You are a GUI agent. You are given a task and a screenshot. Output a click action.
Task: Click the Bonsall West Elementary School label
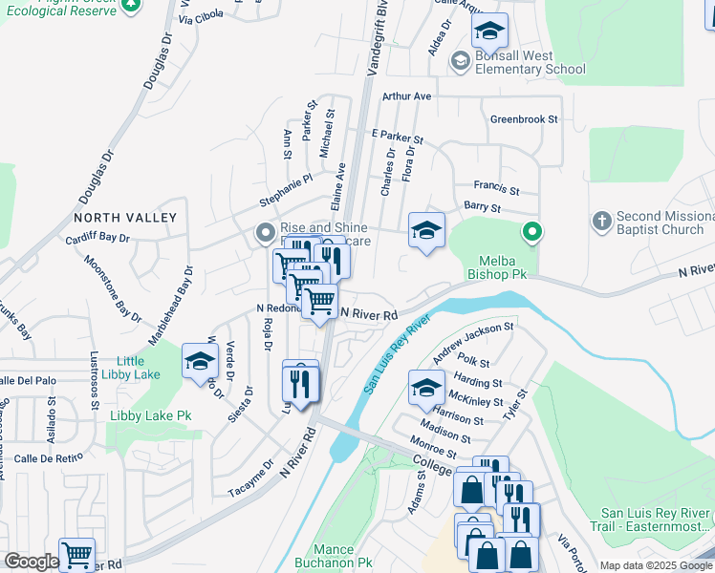(x=531, y=62)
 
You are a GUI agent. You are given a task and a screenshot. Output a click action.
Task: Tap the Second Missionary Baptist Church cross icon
(x=601, y=222)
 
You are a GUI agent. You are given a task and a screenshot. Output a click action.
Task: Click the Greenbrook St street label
(x=523, y=120)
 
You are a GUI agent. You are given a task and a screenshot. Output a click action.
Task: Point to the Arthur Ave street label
(x=407, y=96)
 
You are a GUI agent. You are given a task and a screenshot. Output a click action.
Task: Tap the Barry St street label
(x=482, y=206)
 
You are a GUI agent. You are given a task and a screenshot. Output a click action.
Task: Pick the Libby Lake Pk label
(x=151, y=415)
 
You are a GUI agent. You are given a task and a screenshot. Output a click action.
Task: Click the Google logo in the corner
(x=32, y=562)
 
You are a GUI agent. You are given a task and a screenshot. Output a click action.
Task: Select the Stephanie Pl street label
(x=287, y=191)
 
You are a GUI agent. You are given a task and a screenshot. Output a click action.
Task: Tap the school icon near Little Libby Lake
(x=200, y=362)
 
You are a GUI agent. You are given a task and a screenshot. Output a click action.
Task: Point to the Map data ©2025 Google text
(x=656, y=565)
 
